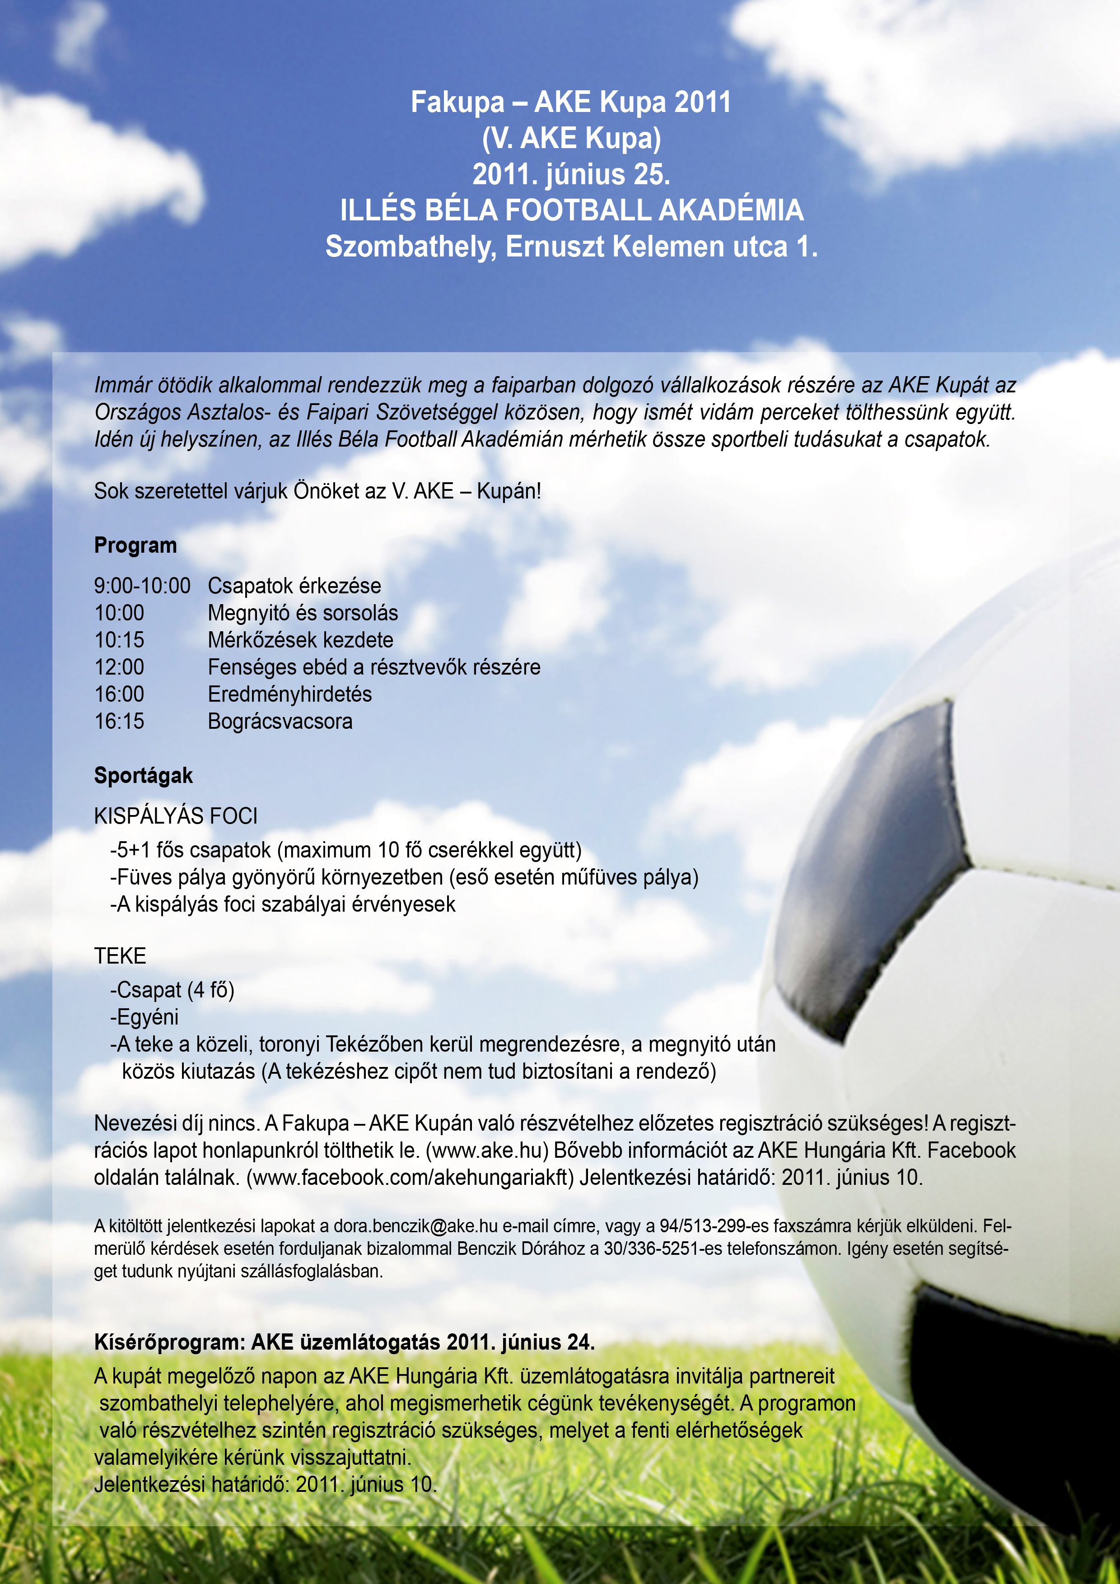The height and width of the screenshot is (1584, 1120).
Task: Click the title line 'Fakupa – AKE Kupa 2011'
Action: [x=571, y=102]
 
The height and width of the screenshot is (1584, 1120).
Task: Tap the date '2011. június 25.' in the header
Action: [x=571, y=174]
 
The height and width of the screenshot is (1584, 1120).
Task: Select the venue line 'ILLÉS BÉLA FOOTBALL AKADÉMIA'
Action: [x=571, y=210]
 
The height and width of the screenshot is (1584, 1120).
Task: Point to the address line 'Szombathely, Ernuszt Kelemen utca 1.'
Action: [x=571, y=246]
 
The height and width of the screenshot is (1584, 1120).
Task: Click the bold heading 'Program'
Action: [x=135, y=545]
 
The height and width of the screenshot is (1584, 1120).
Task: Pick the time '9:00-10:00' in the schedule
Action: [x=142, y=586]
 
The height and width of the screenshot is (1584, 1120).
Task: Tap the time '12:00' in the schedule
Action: [x=119, y=667]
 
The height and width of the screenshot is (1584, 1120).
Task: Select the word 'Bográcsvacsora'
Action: [x=280, y=721]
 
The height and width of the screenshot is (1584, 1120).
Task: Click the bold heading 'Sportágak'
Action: [x=143, y=775]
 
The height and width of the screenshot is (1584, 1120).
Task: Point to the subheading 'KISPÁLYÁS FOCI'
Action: [x=175, y=816]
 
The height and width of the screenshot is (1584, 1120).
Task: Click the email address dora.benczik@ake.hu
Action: [x=415, y=1226]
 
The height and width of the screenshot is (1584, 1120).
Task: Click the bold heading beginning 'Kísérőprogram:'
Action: [x=344, y=1342]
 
